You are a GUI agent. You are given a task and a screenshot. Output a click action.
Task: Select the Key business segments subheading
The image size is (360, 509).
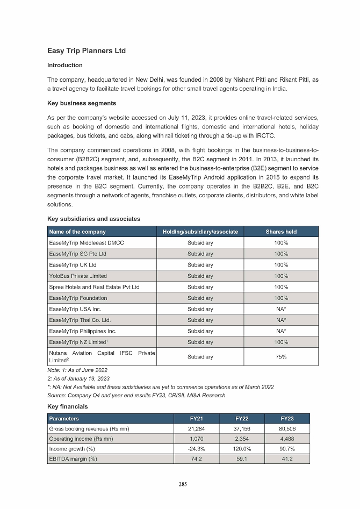point(82,103)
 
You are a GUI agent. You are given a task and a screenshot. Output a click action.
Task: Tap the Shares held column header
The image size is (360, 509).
point(281,232)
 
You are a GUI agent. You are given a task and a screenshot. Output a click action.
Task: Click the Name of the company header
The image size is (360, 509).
point(77,232)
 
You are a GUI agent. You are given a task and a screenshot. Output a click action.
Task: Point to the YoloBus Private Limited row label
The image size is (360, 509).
point(77,276)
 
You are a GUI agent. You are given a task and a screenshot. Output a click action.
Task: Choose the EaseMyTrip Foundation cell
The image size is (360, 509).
point(78,298)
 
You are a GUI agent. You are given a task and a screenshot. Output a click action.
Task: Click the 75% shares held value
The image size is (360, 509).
point(281,356)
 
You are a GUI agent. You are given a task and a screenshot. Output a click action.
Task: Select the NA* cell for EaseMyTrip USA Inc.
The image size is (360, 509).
point(281,309)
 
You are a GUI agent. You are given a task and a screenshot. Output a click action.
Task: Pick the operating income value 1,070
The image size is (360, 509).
point(196,439)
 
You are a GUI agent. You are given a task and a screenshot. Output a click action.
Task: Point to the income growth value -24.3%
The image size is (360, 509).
point(196,449)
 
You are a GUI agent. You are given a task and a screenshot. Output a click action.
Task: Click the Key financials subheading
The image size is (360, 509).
point(68,407)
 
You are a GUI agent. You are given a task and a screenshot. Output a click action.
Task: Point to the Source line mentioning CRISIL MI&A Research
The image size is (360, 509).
point(136,395)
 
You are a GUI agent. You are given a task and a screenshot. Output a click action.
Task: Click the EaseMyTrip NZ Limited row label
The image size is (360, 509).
point(77,342)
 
